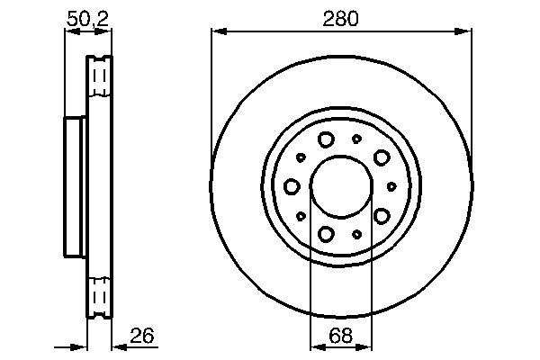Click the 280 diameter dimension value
tap(341, 18)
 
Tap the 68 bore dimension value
tap(341, 337)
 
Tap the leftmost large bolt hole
tap(292, 186)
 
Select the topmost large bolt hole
tap(326, 139)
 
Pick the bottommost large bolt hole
tap(326, 234)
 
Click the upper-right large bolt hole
tap(382, 157)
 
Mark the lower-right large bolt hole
tap(382, 216)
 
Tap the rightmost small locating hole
tap(392, 186)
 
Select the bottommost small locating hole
tap(357, 235)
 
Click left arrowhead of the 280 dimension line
tap(217, 31)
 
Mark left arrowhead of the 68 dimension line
tap(315, 347)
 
